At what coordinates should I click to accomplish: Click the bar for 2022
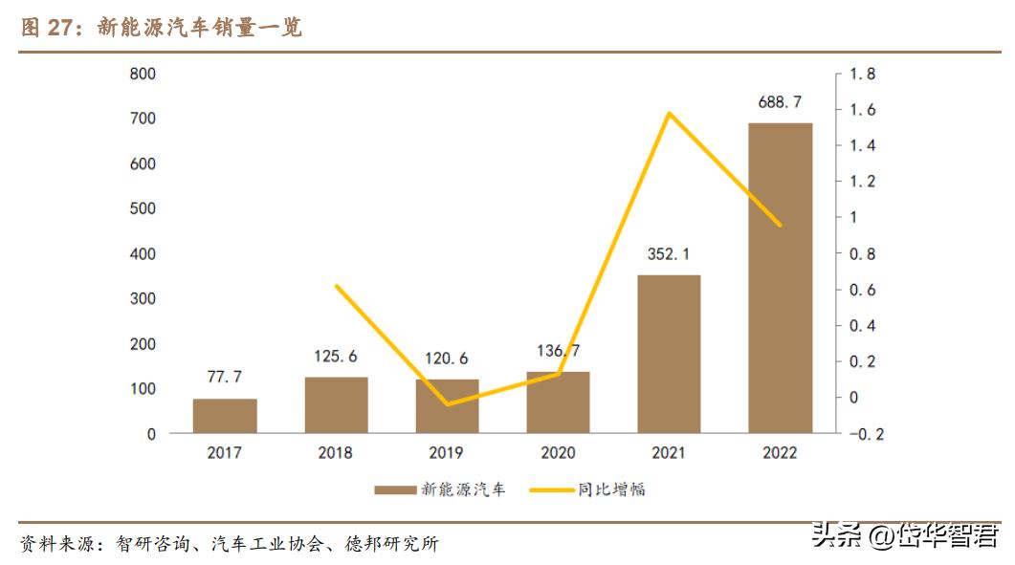780,277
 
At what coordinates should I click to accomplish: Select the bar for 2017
225,416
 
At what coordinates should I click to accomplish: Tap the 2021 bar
669,354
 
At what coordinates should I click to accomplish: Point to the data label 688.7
780,102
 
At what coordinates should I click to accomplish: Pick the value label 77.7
225,378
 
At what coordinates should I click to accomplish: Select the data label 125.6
336,357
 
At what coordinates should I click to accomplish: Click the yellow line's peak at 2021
669,113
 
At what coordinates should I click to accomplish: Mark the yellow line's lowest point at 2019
447,404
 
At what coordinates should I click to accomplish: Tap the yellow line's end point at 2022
780,226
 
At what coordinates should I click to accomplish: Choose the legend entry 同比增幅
611,489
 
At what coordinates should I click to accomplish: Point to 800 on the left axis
143,74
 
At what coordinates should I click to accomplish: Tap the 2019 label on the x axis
447,453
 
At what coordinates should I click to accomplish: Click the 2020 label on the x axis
558,453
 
